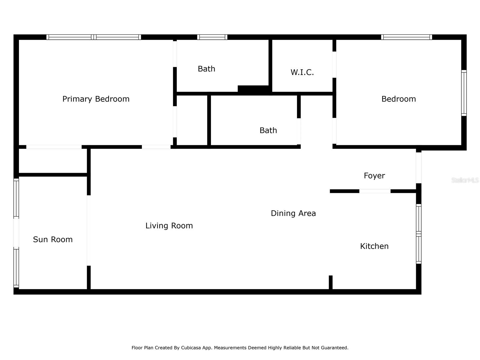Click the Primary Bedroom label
pyautogui.click(x=96, y=99)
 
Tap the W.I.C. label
pyautogui.click(x=302, y=72)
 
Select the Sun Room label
pyautogui.click(x=53, y=239)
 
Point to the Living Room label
pyautogui.click(x=169, y=226)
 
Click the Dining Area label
pyautogui.click(x=293, y=213)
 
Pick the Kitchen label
pyautogui.click(x=374, y=246)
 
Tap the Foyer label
pyautogui.click(x=374, y=176)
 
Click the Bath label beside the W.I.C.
pyautogui.click(x=206, y=69)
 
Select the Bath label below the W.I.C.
pyautogui.click(x=268, y=130)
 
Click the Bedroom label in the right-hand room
pyautogui.click(x=398, y=99)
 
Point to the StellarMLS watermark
pyautogui.click(x=465, y=180)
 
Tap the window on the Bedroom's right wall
pyautogui.click(x=463, y=93)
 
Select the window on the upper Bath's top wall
pyautogui.click(x=212, y=37)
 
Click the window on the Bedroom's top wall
pyautogui.click(x=406, y=37)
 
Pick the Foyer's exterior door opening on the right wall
pyautogui.click(x=418, y=168)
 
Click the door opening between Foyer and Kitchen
pyautogui.click(x=375, y=191)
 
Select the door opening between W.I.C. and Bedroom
pyautogui.click(x=334, y=64)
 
